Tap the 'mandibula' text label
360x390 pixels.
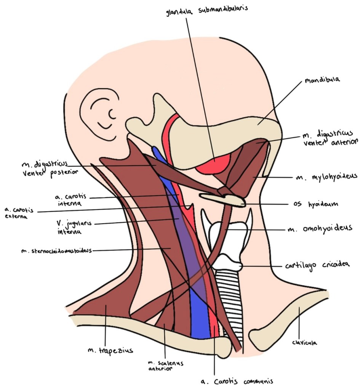[x=322, y=81]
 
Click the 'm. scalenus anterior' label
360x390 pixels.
[x=165, y=366]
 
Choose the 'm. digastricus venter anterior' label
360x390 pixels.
[x=330, y=138]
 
